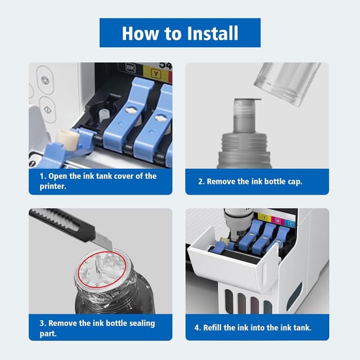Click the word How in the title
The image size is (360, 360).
click(140, 34)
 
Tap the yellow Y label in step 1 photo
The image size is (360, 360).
click(156, 74)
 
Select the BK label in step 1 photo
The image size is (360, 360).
click(131, 68)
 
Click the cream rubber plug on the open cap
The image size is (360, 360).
click(67, 139)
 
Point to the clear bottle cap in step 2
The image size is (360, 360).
click(287, 83)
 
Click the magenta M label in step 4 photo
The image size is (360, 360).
click(277, 220)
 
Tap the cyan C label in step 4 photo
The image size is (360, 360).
click(291, 224)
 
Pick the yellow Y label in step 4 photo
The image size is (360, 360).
click(264, 218)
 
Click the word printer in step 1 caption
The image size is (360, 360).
click(53, 186)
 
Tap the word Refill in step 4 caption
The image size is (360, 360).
click(212, 327)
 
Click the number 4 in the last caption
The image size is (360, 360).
click(197, 327)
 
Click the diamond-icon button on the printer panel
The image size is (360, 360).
click(48, 110)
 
